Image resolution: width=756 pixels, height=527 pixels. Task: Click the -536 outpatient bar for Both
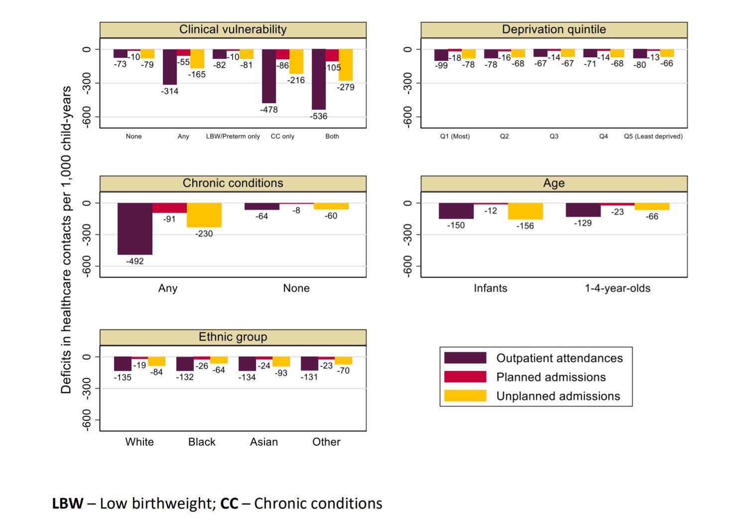tap(319, 79)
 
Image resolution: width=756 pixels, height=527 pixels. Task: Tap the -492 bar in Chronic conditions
tap(135, 229)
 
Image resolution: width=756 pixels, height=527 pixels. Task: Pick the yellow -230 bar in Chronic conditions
tap(204, 215)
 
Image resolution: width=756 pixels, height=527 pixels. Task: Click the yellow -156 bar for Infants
tap(525, 211)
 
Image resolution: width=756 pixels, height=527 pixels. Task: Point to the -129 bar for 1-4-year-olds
tap(583, 210)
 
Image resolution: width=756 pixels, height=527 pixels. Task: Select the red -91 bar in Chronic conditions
tap(169, 208)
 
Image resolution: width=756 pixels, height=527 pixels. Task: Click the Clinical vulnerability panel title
tap(233, 29)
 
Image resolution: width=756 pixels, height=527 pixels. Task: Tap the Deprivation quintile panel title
tap(554, 29)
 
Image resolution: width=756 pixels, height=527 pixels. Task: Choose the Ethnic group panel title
tap(233, 337)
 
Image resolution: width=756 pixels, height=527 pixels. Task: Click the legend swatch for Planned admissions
tap(465, 377)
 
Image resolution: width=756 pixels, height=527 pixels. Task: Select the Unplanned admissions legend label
tap(558, 396)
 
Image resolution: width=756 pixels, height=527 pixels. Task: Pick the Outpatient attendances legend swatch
tap(465, 358)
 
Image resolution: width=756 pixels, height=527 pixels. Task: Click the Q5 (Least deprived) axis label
tap(653, 136)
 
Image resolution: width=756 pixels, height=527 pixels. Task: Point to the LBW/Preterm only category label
tap(233, 136)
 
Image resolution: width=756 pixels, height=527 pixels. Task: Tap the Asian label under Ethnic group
tap(264, 442)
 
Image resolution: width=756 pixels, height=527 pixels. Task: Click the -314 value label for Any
tap(169, 91)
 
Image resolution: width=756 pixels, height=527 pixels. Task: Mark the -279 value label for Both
tap(346, 87)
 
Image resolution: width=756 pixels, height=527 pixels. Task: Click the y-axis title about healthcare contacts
tap(66, 239)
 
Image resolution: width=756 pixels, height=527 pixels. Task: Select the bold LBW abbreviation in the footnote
tap(67, 504)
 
